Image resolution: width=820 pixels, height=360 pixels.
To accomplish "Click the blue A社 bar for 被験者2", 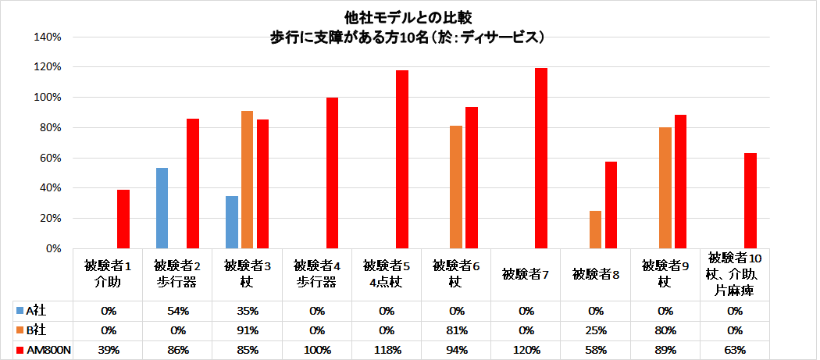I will coord(162,208).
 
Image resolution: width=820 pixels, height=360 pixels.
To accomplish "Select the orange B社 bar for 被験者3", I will coord(247,180).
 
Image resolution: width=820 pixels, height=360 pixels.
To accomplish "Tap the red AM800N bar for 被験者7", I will coord(541,158).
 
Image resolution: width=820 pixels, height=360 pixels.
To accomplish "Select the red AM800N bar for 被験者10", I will coord(750,201).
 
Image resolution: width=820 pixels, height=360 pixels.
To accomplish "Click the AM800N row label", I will coord(45,349).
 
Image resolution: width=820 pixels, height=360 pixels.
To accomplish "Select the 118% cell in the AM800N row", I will coord(387,349).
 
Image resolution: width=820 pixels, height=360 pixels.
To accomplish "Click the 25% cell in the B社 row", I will coord(596,330).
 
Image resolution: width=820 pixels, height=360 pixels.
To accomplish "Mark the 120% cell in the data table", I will coord(526,349).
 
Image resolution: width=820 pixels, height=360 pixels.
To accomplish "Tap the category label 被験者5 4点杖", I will coord(387,274).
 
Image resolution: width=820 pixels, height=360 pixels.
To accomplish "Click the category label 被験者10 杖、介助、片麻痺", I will coord(735,274).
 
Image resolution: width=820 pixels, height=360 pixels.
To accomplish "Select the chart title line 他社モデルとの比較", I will coord(408,16).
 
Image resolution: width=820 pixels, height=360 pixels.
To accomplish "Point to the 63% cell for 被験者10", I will coord(735,349).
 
